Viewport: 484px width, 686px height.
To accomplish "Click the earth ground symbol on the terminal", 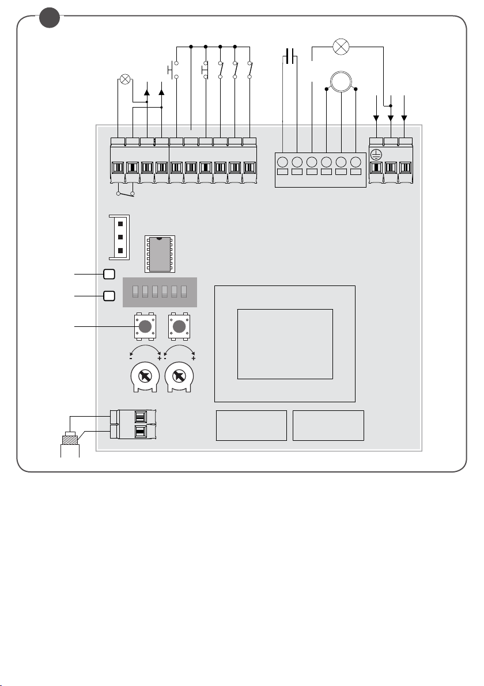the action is pos(377,154).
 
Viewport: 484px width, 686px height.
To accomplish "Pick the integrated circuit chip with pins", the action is pos(160,254).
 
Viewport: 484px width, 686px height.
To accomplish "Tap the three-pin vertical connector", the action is pos(120,236).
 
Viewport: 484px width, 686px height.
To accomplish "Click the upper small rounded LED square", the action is pos(109,275).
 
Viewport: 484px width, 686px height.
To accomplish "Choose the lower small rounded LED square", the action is pos(109,296).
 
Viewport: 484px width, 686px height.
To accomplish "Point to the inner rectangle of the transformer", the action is pos(285,344).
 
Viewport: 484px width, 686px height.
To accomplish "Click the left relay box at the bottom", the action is pos(251,425).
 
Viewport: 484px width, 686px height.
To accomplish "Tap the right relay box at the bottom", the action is pos(328,425).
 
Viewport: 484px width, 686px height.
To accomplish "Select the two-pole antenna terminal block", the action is pos(136,425).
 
